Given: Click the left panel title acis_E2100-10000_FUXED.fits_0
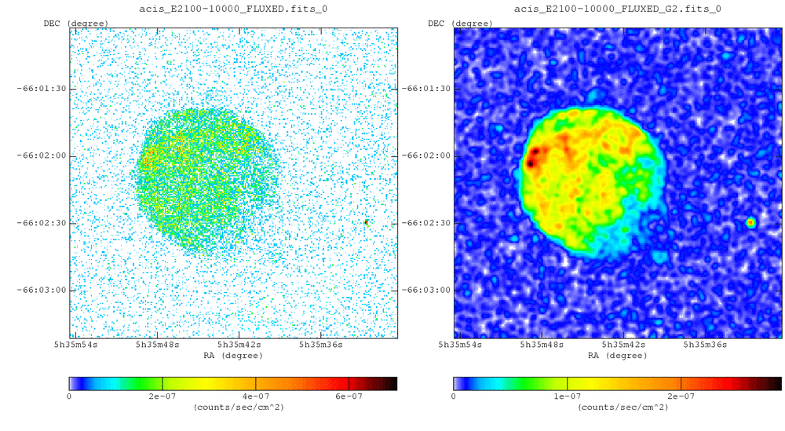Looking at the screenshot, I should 232,9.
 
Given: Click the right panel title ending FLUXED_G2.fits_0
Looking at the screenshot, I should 617,9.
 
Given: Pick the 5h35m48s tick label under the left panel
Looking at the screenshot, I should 159,345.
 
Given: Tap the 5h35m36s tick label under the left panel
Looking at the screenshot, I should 319,345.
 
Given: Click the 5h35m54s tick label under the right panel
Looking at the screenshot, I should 460,345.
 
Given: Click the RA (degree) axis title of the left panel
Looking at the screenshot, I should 232,355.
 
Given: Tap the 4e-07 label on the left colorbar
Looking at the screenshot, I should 256,396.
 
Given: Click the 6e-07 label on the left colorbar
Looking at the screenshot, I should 349,396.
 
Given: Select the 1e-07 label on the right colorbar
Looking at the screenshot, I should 567,396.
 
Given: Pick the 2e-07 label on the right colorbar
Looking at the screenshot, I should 681,396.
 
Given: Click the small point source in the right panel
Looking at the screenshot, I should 750,222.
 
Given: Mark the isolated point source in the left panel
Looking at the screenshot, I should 366,222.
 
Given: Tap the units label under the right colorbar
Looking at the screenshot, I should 617,407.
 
